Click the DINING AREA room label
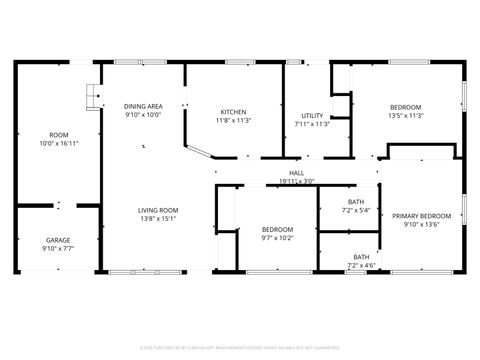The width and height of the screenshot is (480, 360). click(143, 106)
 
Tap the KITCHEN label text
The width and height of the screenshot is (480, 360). click(233, 111)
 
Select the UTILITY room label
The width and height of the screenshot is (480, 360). click(312, 116)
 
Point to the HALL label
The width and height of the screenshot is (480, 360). click(296, 173)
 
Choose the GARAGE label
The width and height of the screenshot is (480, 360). click(58, 240)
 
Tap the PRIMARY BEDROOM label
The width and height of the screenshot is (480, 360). click(420, 216)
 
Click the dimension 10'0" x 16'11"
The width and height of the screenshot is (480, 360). click(58, 143)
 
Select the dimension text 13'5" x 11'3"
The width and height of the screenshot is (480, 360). click(405, 116)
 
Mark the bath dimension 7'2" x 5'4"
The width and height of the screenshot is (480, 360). click(356, 211)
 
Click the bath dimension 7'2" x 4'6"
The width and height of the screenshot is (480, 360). click(361, 266)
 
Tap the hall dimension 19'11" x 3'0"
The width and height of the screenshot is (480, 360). click(296, 181)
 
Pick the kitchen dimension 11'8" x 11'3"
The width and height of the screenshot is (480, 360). click(233, 120)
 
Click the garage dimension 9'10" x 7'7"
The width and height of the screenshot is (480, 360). click(58, 248)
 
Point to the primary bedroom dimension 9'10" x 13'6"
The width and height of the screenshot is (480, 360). click(420, 225)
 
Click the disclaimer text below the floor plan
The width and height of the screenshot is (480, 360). click(240, 347)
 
